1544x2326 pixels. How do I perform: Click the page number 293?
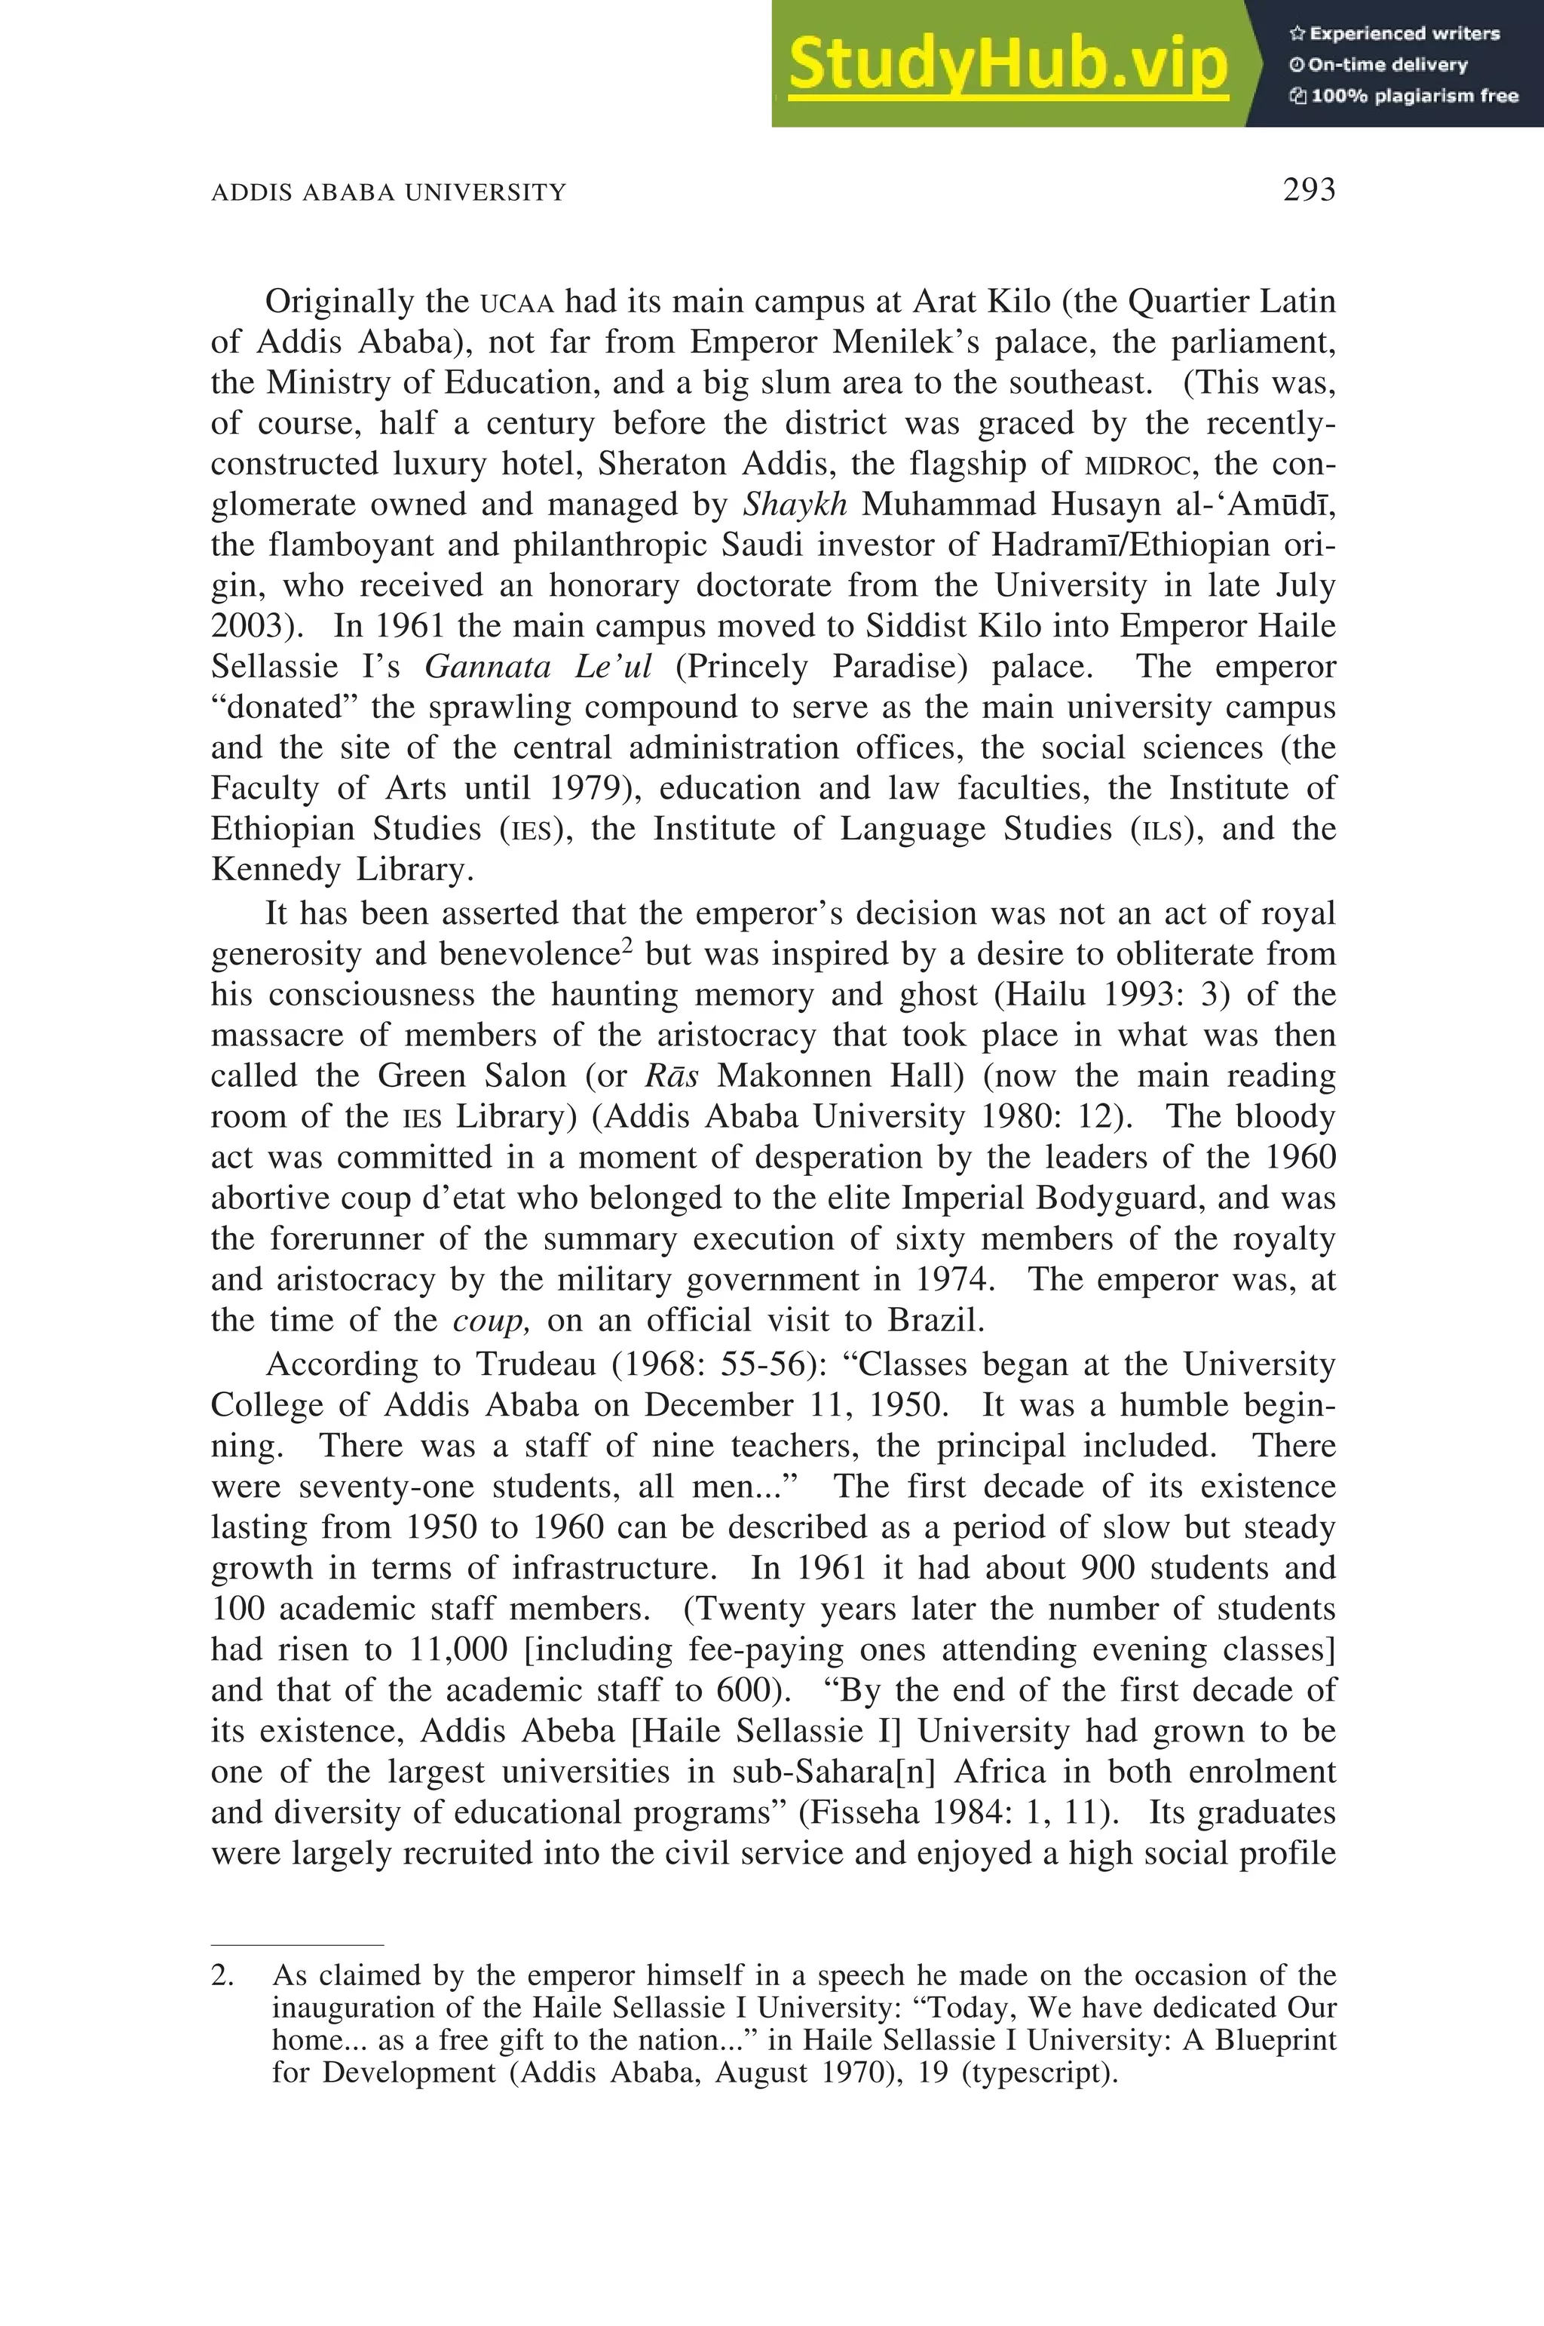click(x=1309, y=189)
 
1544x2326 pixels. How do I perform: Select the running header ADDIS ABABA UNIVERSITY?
click(x=389, y=192)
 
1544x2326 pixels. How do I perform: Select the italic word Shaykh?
click(x=795, y=505)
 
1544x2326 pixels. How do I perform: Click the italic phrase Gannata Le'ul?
click(x=538, y=667)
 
